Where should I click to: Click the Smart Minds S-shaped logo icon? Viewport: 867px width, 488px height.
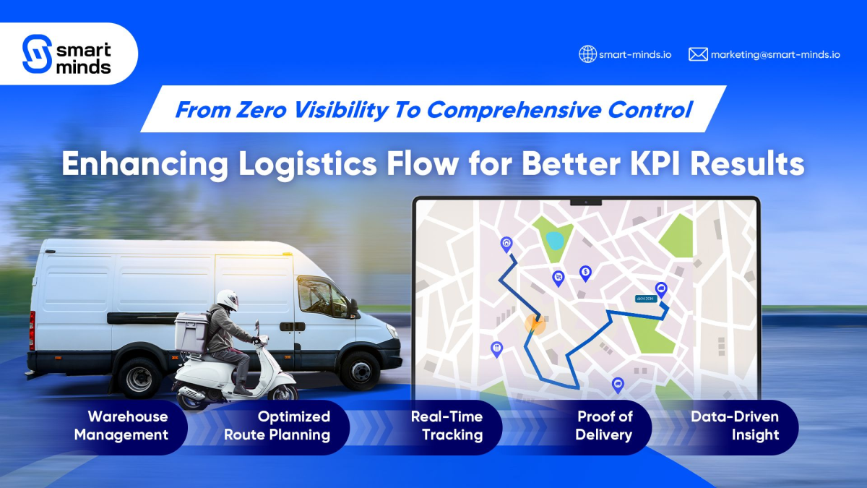click(37, 53)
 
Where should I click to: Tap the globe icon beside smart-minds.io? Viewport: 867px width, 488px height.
click(587, 54)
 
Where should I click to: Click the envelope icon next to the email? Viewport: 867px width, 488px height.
click(698, 54)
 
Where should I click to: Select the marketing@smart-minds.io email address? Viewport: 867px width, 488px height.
click(776, 55)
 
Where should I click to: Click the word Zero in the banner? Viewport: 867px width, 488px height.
click(262, 110)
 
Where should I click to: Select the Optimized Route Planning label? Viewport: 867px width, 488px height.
click(277, 426)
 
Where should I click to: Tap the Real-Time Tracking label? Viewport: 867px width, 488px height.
click(447, 426)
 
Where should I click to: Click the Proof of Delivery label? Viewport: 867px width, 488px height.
click(604, 426)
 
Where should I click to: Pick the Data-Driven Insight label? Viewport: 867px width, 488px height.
click(735, 426)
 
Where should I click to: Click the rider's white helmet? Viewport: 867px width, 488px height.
click(228, 300)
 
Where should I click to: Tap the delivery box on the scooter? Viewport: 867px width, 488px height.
click(191, 332)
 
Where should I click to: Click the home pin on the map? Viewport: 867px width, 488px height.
click(506, 244)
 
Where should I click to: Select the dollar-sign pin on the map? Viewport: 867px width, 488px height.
click(586, 273)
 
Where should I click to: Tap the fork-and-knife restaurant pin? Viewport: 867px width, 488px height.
click(496, 349)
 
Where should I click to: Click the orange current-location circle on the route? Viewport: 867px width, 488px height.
click(535, 324)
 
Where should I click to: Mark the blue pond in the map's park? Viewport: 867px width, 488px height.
click(555, 241)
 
